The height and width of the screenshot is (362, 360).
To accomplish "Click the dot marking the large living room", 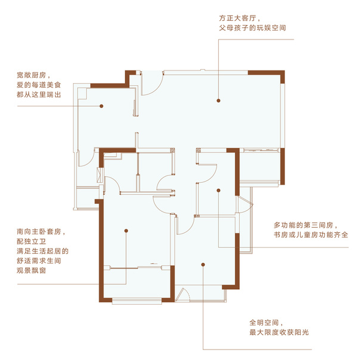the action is pos(218,100).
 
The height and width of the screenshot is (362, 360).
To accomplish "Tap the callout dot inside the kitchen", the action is pos(102,106).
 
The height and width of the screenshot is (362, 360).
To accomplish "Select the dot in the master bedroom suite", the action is pos(126,231).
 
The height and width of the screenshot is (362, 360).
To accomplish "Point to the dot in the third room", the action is pos(218,191).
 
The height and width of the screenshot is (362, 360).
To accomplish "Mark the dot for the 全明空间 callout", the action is pos(203,265).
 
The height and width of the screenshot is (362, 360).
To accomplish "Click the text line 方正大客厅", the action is pos(237,19).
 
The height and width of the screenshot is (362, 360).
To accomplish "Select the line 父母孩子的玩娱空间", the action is pos(252,28).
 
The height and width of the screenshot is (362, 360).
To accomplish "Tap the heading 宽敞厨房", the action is pos(32,75).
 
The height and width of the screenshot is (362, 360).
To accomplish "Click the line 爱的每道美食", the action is pos(39,85).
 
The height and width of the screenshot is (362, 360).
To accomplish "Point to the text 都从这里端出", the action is pos(39,94).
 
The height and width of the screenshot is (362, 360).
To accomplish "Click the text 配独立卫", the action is pos(32,241).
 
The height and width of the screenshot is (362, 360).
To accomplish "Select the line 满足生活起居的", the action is pos(42,251).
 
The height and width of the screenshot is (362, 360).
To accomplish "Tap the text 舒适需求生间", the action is pos(39,260).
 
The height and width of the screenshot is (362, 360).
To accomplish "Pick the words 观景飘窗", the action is pos(31,271).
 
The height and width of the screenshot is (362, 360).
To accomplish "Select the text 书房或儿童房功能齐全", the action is pos(311,235).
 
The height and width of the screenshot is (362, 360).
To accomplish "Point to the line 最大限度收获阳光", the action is pos(279,332).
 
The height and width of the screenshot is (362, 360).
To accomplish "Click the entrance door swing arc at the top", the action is pos(157,88).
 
